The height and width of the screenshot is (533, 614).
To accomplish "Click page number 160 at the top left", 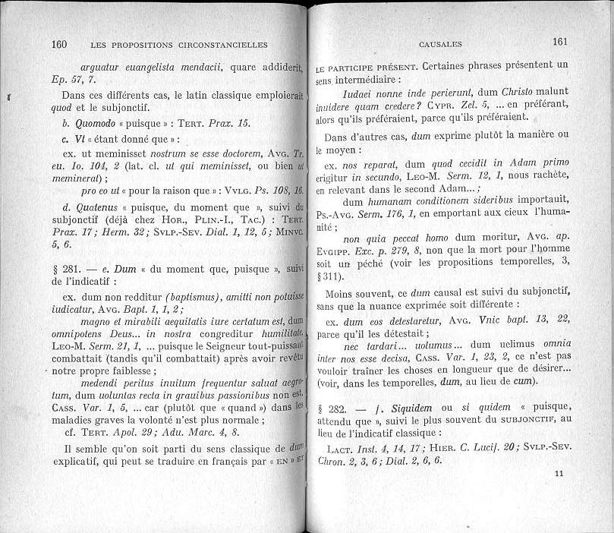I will pos(59,44).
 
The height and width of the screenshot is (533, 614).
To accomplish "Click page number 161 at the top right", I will pos(560,43).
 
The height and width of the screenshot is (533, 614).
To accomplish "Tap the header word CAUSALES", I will pos(440,44).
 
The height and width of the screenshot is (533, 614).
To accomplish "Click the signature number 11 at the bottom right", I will pos(560,474).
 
